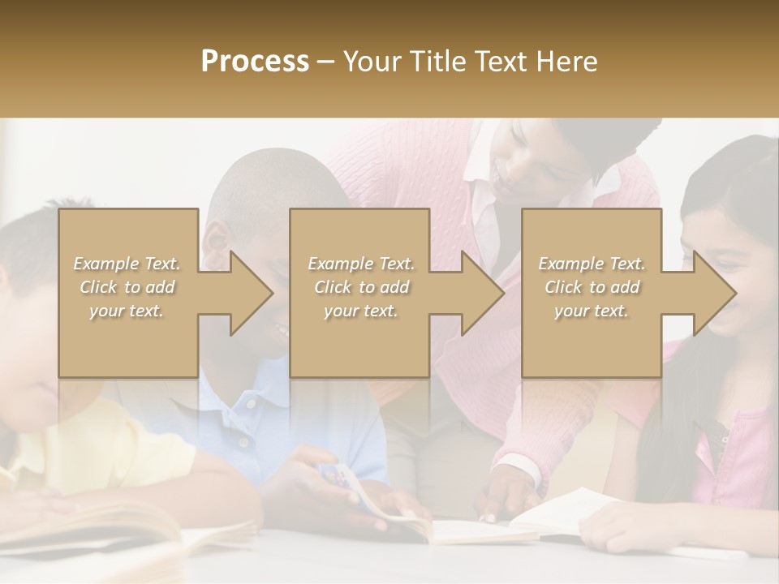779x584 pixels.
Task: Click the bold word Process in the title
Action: pos(255,62)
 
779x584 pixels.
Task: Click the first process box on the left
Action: pos(128,341)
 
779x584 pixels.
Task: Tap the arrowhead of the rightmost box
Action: pos(713,293)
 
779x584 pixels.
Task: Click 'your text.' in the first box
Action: pos(127,311)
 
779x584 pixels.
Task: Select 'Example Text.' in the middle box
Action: pos(361,264)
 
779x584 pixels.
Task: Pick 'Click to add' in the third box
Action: pos(592,287)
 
